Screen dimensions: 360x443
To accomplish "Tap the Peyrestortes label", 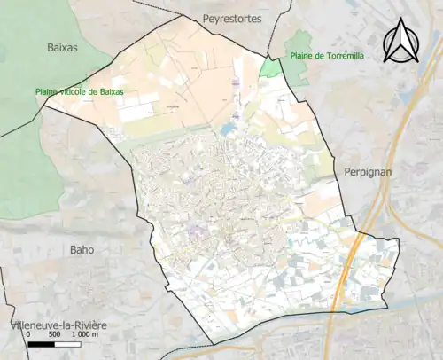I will [x=232, y=18].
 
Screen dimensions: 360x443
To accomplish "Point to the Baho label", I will [x=82, y=249].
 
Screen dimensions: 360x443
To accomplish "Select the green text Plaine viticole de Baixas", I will [x=80, y=91].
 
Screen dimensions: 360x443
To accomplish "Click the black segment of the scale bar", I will [x=40, y=344].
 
